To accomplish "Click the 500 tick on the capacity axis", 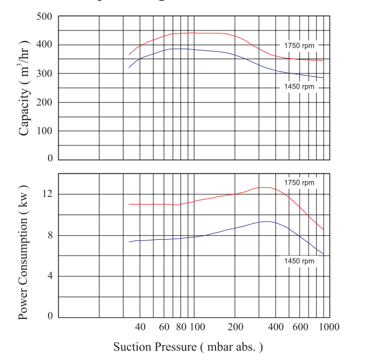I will click(x=45, y=16).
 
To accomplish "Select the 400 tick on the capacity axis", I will click(x=45, y=45).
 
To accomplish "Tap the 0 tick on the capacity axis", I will click(x=50, y=159).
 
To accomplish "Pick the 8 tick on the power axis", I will click(x=50, y=235).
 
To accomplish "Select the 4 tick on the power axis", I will click(x=50, y=276).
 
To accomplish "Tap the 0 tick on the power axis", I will click(x=50, y=317).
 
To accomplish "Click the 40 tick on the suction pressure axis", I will click(x=140, y=327).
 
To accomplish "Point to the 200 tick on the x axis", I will click(x=235, y=327).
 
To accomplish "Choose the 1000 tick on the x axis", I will click(x=329, y=327).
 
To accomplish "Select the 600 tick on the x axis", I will click(x=300, y=327).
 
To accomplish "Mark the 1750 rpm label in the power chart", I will click(x=299, y=183).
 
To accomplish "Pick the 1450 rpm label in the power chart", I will click(x=299, y=260).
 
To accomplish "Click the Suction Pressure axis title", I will click(x=188, y=347).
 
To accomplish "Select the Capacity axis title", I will click(x=25, y=88).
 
